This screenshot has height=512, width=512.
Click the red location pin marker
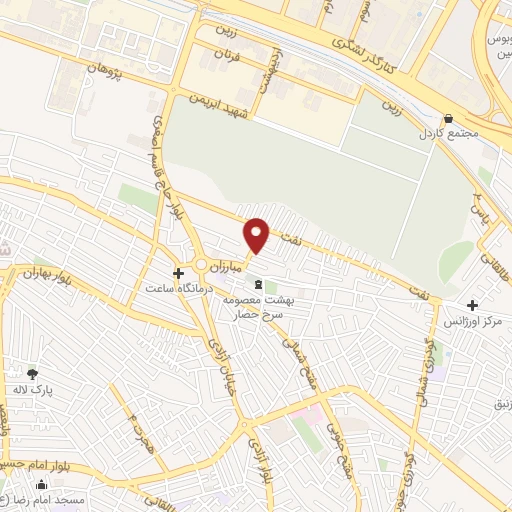coord(257,235)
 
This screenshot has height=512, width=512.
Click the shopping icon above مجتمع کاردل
coord(448,116)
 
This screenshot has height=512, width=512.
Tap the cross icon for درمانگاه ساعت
coord(178,272)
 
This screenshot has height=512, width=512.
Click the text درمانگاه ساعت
coord(167,289)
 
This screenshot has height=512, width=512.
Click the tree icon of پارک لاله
coord(32,373)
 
